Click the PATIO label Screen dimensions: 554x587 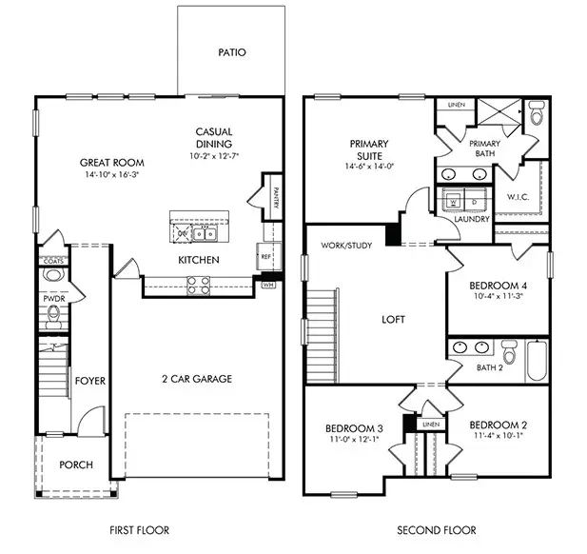pyautogui.click(x=231, y=52)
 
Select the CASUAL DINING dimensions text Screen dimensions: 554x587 pyautogui.click(x=214, y=155)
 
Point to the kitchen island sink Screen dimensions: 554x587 pyautogui.click(x=204, y=233)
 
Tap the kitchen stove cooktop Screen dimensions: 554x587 pyautogui.click(x=197, y=281)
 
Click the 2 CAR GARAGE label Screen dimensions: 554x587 pyautogui.click(x=195, y=379)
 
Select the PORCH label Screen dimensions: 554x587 pyautogui.click(x=75, y=465)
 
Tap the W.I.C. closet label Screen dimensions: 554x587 pyautogui.click(x=519, y=198)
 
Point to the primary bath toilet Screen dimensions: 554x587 pyautogui.click(x=536, y=116)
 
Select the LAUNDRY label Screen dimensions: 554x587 pyautogui.click(x=472, y=219)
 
